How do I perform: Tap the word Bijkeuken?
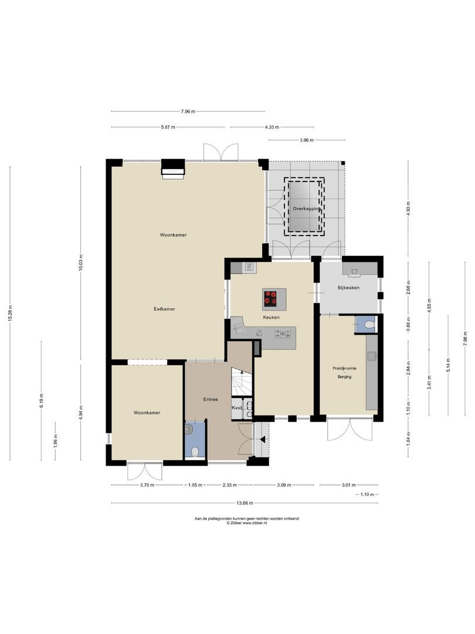click(348, 288)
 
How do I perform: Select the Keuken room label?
click(271, 318)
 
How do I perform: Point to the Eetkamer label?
click(165, 309)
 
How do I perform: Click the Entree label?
click(211, 400)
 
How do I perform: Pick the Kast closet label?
click(237, 407)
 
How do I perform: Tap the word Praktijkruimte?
click(344, 368)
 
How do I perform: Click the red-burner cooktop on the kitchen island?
click(271, 298)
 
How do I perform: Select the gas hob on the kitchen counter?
click(284, 333)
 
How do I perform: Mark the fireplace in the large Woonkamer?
click(173, 168)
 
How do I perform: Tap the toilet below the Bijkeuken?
click(368, 324)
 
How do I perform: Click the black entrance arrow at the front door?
click(263, 439)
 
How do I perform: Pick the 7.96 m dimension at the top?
click(188, 112)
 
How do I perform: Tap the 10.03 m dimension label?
click(82, 262)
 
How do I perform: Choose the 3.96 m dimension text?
click(307, 140)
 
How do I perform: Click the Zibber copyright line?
click(247, 523)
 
